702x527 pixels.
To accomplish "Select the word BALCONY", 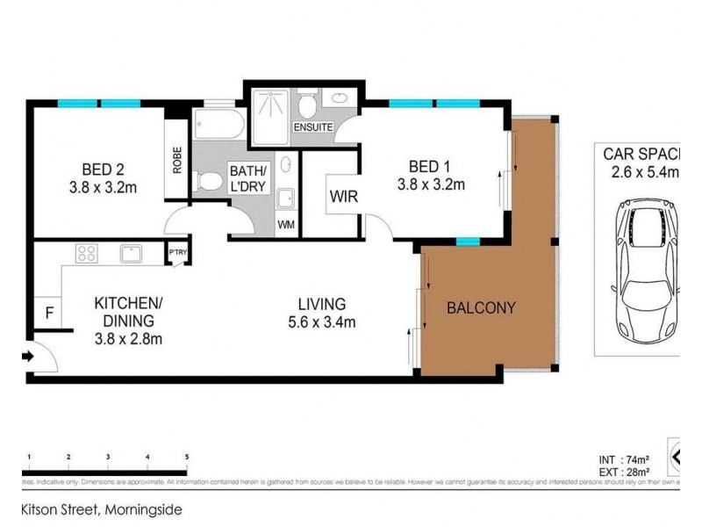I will tap(480, 308).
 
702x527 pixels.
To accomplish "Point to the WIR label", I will tap(342, 197).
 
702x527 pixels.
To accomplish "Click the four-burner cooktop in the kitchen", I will tap(87, 254).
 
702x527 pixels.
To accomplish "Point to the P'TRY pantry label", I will tap(177, 254).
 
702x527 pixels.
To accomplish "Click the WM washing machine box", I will tap(286, 225).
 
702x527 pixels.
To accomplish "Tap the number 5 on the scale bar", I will tap(186, 458).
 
